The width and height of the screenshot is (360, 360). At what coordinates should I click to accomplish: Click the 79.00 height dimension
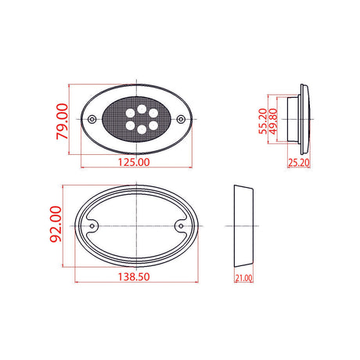coord(62,121)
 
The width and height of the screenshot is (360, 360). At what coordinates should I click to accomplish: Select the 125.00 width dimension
coord(134,162)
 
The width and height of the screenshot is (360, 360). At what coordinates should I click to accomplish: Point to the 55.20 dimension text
coord(263,121)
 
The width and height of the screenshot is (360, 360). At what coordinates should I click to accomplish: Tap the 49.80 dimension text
coord(273,121)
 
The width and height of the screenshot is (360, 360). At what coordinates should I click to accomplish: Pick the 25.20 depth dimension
coord(299,163)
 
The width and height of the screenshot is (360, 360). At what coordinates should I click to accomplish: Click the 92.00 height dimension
coord(56,224)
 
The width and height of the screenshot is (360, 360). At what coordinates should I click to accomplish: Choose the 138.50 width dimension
coord(134,277)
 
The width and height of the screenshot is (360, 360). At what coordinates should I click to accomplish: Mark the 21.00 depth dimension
coord(243,278)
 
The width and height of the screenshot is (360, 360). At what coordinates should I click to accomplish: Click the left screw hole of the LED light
coord(92,120)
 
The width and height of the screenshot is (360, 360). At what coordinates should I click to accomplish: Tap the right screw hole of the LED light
coord(181,120)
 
